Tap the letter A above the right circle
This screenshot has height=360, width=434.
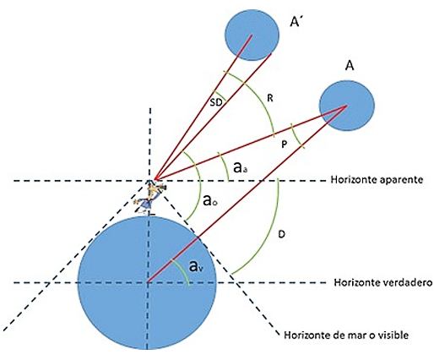pos(350,66)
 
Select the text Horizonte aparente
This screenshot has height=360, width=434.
pos(377,180)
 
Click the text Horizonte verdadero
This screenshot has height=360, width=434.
pos(383,282)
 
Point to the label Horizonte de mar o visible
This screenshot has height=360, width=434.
pos(346,335)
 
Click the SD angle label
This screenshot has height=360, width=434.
pos(216,102)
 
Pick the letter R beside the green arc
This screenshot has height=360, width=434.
pos(270,99)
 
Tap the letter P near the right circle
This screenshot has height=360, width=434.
pos(285,145)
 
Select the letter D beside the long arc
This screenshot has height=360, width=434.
pos(281,234)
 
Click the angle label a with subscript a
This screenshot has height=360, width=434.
pos(240,167)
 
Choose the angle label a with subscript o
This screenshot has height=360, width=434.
pos(210,200)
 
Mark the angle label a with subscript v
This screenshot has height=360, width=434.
pos(196,266)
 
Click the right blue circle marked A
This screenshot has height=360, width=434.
pos(347,105)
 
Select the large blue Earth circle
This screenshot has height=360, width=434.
pos(147,282)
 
